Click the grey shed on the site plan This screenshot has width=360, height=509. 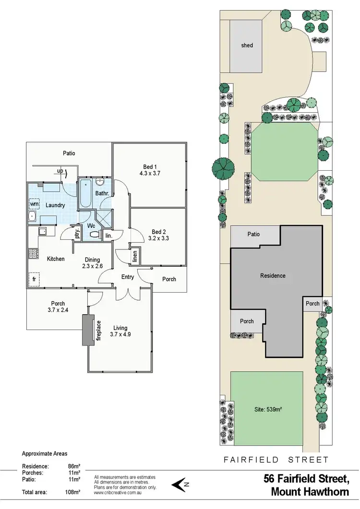[247, 46]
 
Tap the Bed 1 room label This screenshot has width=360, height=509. [148, 170]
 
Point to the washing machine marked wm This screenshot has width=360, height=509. [34, 204]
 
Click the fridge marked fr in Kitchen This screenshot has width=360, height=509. [34, 278]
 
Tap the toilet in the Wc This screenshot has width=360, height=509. [95, 235]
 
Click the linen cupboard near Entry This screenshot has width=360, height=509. [135, 258]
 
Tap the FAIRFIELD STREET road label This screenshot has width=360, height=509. [276, 460]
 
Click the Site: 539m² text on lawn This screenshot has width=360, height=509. [267, 409]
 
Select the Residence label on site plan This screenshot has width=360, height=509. [273, 276]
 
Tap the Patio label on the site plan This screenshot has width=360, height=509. [253, 234]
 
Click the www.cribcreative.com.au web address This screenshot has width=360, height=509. [118, 492]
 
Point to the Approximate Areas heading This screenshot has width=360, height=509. [45, 453]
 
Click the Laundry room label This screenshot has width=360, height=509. [55, 205]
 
